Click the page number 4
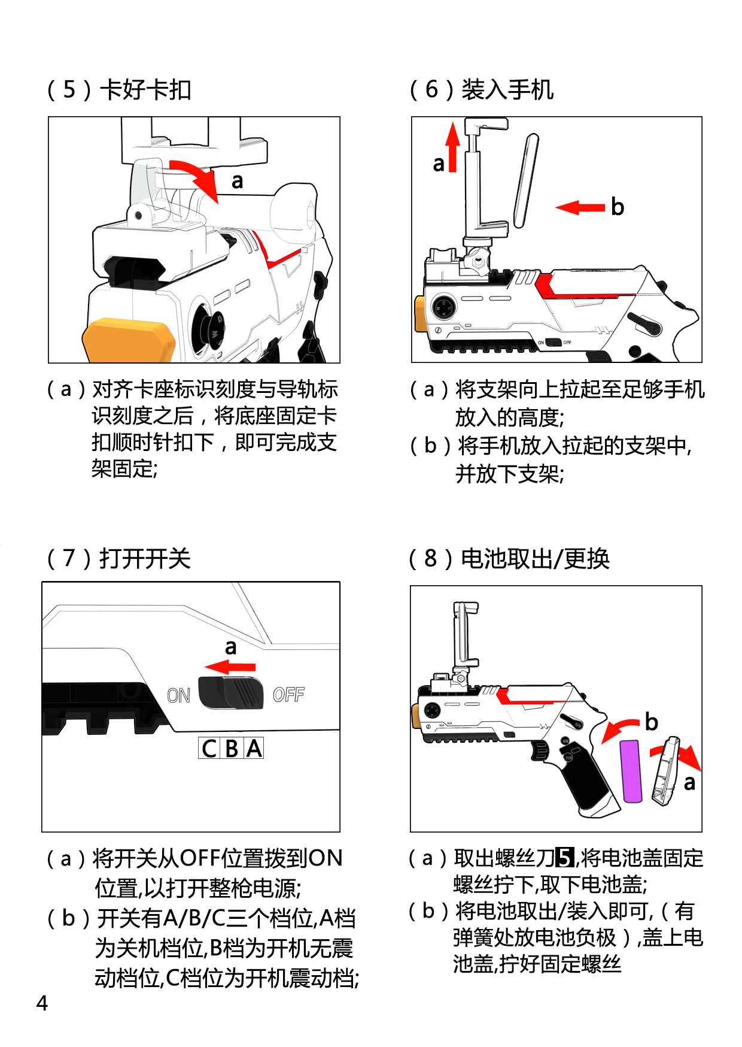[42, 1003]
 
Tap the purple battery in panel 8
[632, 771]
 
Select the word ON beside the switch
[178, 695]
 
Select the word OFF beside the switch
[288, 695]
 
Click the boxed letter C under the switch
[209, 748]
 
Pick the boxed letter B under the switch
[232, 748]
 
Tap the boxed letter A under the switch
[254, 748]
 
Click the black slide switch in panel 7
[231, 693]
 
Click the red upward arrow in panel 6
[453, 147]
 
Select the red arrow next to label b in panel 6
[580, 208]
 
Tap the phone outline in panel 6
[527, 180]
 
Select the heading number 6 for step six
[431, 89]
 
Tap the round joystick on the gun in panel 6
[443, 308]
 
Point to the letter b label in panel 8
[652, 722]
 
